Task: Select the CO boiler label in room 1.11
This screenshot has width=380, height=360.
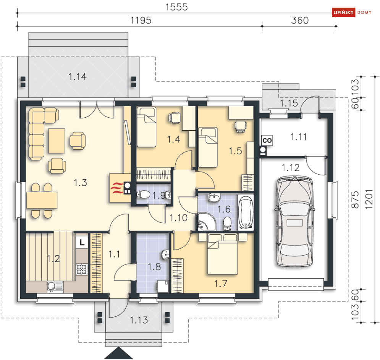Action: tap(267, 141)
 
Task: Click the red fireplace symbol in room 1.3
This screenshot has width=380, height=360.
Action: tap(117, 188)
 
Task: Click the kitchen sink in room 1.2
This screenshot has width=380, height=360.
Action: tap(55, 287)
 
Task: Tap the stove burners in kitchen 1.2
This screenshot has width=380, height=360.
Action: tap(82, 269)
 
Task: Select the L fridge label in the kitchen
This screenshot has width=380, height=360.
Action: tap(82, 242)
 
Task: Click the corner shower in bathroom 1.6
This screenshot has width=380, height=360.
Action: tap(207, 222)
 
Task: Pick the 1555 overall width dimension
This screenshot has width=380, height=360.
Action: tap(176, 7)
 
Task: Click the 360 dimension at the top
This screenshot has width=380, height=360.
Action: tap(300, 20)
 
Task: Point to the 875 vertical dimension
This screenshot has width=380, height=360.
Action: tap(355, 199)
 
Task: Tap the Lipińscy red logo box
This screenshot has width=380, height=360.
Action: tap(343, 12)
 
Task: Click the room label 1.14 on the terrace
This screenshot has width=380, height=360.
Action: tap(77, 77)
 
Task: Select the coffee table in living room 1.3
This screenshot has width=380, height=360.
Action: tap(57, 141)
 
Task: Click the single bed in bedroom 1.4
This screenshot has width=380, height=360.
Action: tap(146, 127)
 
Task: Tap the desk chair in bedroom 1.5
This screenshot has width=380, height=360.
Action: tap(240, 126)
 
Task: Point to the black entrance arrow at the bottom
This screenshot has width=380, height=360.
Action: tap(118, 353)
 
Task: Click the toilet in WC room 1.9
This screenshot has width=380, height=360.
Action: tap(143, 195)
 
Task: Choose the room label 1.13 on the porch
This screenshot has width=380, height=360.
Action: tap(139, 320)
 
